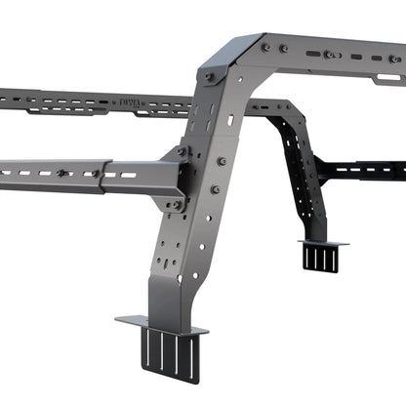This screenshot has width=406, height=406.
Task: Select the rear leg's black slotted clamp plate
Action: point(319,257)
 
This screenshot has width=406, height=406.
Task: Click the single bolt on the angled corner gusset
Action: point(211,76)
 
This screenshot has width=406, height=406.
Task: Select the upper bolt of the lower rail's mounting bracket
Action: point(181,151)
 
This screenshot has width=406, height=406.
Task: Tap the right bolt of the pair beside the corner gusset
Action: point(282,48)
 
